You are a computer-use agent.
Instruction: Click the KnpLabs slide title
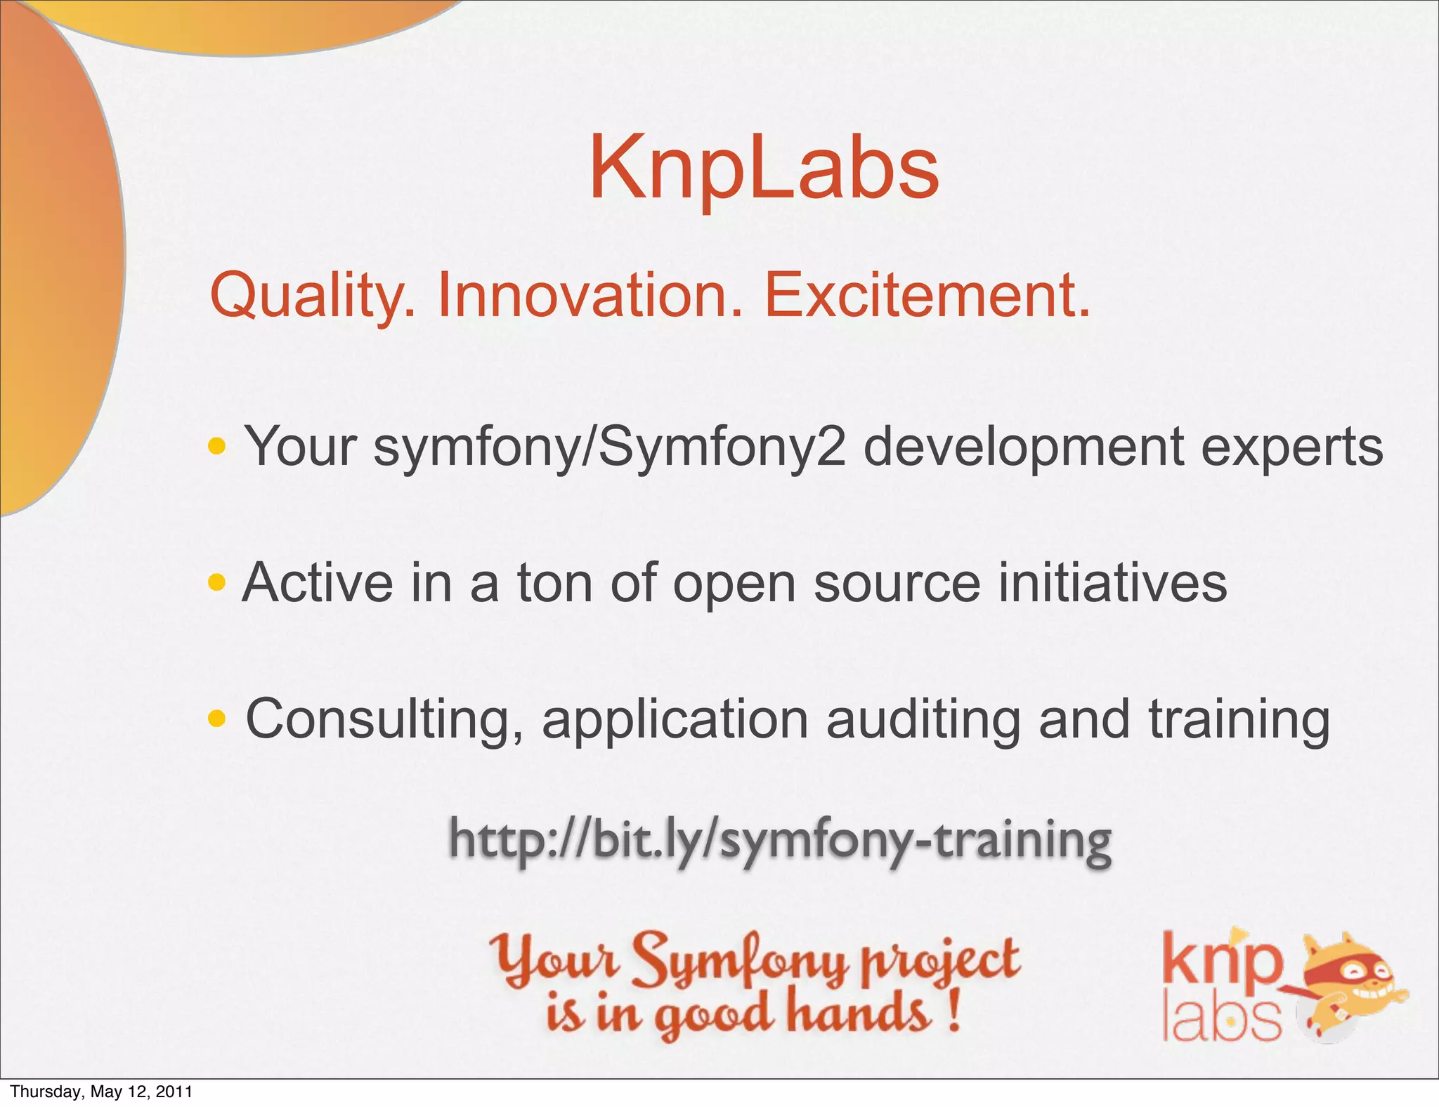click(764, 169)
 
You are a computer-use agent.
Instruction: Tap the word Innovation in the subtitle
click(590, 296)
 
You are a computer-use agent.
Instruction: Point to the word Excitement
click(927, 296)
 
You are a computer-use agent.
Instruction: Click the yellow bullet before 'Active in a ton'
click(217, 582)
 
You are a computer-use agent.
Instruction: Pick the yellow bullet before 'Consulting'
click(217, 718)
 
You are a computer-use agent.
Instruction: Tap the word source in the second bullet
click(897, 584)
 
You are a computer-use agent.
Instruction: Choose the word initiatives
click(1112, 582)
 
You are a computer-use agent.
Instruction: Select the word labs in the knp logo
click(1221, 1019)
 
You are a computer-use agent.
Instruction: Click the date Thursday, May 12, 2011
click(101, 1092)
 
